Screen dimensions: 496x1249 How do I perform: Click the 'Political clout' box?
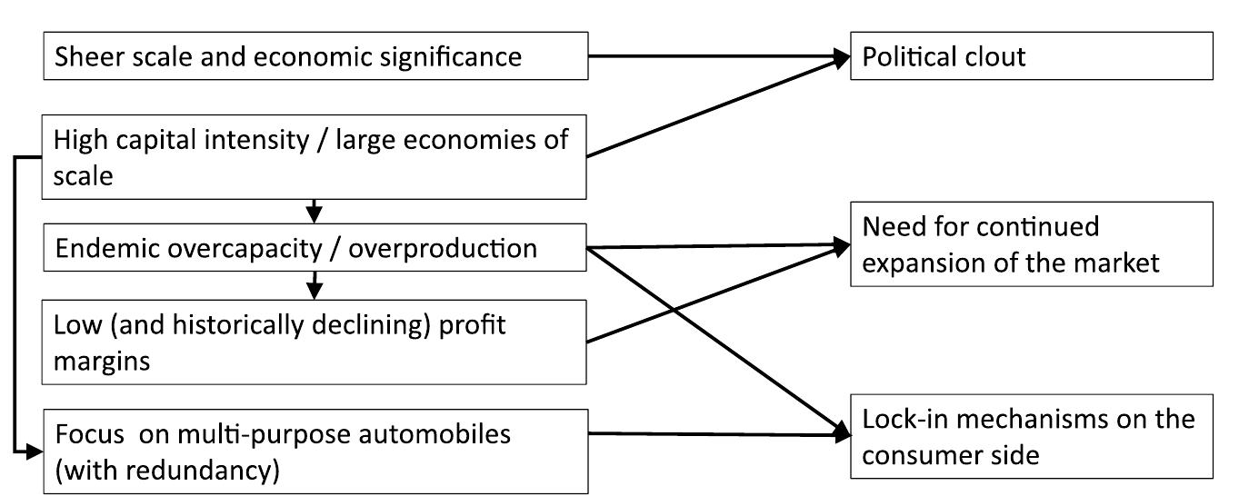(1031, 56)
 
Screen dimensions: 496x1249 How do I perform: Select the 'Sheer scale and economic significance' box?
(315, 56)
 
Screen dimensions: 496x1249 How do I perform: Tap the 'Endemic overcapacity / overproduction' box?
(315, 248)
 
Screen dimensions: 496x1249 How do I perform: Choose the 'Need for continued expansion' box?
(1031, 243)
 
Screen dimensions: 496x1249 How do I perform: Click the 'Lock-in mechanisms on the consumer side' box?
(1031, 436)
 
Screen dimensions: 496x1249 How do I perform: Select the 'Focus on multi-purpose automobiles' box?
(315, 451)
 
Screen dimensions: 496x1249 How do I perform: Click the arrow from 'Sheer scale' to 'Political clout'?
(718, 56)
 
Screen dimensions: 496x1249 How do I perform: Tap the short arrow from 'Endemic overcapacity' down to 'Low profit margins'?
(315, 285)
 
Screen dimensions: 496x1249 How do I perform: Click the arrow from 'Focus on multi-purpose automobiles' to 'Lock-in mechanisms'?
(718, 434)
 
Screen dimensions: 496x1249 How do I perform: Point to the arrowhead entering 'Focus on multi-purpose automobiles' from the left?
(35, 449)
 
